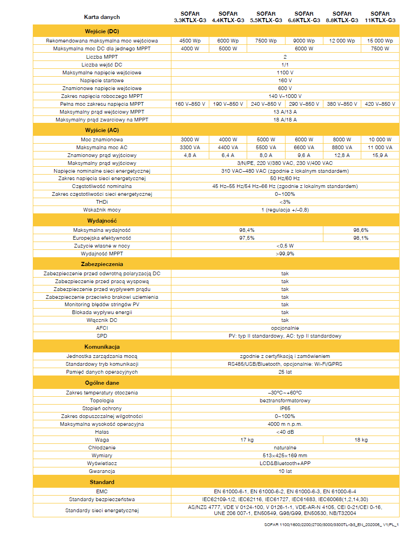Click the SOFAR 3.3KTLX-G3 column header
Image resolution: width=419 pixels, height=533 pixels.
[x=190, y=17]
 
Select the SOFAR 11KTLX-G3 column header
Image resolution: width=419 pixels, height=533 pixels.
[x=380, y=17]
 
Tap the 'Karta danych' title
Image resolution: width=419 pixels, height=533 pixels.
[x=102, y=17]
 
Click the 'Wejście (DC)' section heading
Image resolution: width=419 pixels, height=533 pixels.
[x=102, y=31]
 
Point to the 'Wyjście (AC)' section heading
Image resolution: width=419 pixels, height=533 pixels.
[x=102, y=130]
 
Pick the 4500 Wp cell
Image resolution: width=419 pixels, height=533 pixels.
[x=190, y=41]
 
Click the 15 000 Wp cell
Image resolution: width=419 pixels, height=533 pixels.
[x=380, y=41]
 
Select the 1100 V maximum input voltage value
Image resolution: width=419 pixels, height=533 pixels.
[x=285, y=73]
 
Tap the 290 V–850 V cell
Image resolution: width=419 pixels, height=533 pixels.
[x=304, y=104]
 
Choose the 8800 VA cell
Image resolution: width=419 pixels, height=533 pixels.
[x=341, y=147]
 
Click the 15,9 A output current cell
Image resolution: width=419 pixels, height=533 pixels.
[x=380, y=155]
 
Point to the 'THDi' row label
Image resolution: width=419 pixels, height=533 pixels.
[x=102, y=202]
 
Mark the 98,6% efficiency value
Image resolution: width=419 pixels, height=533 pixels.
[x=361, y=230]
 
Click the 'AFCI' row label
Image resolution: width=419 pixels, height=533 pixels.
[x=102, y=328]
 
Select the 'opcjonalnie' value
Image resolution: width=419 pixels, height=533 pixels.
[x=285, y=328]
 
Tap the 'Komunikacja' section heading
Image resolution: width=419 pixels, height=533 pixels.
[x=102, y=346]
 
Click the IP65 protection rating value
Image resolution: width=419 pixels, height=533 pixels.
[x=285, y=408]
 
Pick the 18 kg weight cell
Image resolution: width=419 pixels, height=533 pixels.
[x=361, y=440]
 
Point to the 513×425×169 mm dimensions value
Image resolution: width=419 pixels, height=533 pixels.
[x=285, y=455]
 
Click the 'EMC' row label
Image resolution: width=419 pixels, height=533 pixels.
[x=102, y=491]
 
